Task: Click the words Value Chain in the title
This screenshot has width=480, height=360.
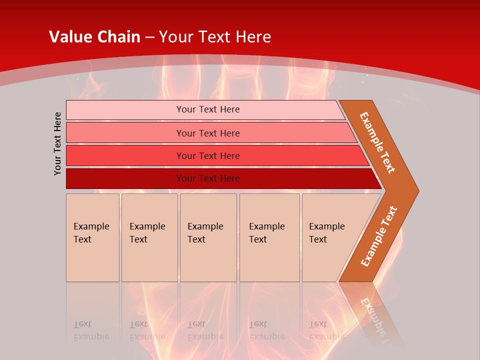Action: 94,36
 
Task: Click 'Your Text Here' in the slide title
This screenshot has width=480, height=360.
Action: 215,36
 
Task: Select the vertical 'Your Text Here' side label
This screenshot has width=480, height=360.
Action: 58,143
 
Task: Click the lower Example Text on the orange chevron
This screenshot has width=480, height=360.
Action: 378,236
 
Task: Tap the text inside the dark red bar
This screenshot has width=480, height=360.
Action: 208,178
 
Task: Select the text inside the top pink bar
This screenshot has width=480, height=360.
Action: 208,109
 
